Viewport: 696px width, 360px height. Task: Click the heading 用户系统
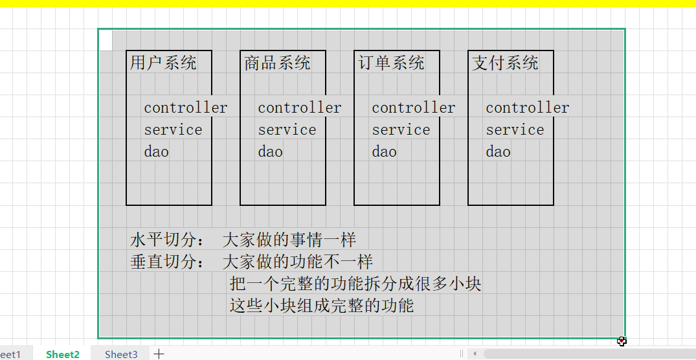(163, 63)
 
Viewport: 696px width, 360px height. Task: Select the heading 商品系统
(277, 63)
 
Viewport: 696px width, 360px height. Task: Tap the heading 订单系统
(391, 63)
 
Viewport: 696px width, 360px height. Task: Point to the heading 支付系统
(505, 63)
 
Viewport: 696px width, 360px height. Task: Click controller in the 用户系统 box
(185, 107)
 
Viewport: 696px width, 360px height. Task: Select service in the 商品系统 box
(287, 129)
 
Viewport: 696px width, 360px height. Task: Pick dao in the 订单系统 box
(384, 152)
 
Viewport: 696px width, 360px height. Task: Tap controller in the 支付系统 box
(527, 107)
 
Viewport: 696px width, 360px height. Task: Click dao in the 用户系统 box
(156, 152)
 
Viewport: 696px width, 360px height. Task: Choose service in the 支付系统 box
(515, 129)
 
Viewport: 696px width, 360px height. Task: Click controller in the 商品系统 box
(299, 107)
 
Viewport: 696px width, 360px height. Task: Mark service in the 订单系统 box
(401, 129)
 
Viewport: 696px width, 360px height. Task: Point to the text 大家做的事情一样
(289, 240)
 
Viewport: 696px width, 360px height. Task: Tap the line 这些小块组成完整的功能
(321, 305)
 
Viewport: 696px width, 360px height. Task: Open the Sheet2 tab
(63, 354)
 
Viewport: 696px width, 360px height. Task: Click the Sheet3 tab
(121, 354)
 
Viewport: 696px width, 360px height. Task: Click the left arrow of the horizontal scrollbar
(475, 354)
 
